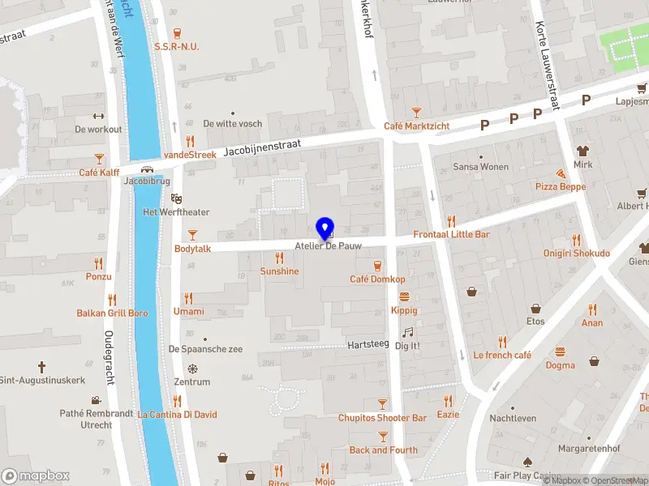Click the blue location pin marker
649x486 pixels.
point(325,228)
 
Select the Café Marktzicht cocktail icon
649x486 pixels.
point(416,113)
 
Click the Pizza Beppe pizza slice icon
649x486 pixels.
point(561,173)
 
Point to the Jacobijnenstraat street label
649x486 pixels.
point(262,146)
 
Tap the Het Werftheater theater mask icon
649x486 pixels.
point(176,198)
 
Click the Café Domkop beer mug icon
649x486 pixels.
point(377,266)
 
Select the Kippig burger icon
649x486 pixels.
point(403,296)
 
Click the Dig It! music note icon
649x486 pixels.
point(407,332)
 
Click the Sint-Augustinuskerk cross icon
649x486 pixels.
point(41,367)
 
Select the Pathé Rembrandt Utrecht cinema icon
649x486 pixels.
point(97,400)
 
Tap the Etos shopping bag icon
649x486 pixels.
point(535,309)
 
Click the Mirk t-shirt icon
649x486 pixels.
point(582,151)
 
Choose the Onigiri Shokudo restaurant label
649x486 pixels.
point(577,253)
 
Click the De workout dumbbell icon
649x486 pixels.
point(98,116)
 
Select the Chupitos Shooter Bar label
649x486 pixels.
point(382,418)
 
